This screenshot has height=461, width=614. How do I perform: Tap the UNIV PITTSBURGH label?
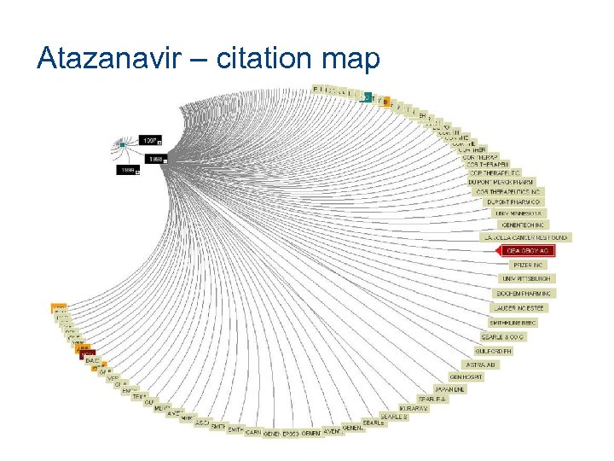click(527, 279)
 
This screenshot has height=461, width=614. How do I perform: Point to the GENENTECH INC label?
click(523, 224)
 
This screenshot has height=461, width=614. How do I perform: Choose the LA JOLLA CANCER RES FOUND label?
click(524, 237)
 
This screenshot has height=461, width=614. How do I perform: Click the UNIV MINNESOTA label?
click(518, 213)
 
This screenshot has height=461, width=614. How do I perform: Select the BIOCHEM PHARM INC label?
click(525, 294)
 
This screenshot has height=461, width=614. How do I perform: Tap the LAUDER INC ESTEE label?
click(519, 307)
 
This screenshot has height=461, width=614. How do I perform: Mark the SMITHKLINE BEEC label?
click(513, 323)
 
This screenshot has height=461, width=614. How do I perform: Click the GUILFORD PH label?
click(495, 351)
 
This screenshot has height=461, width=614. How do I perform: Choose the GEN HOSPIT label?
click(467, 376)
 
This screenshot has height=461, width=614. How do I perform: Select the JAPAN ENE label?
click(449, 389)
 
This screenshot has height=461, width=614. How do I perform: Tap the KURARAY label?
click(414, 409)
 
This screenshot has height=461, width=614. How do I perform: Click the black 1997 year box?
click(151, 139)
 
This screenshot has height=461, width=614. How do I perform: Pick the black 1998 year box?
click(156, 159)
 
